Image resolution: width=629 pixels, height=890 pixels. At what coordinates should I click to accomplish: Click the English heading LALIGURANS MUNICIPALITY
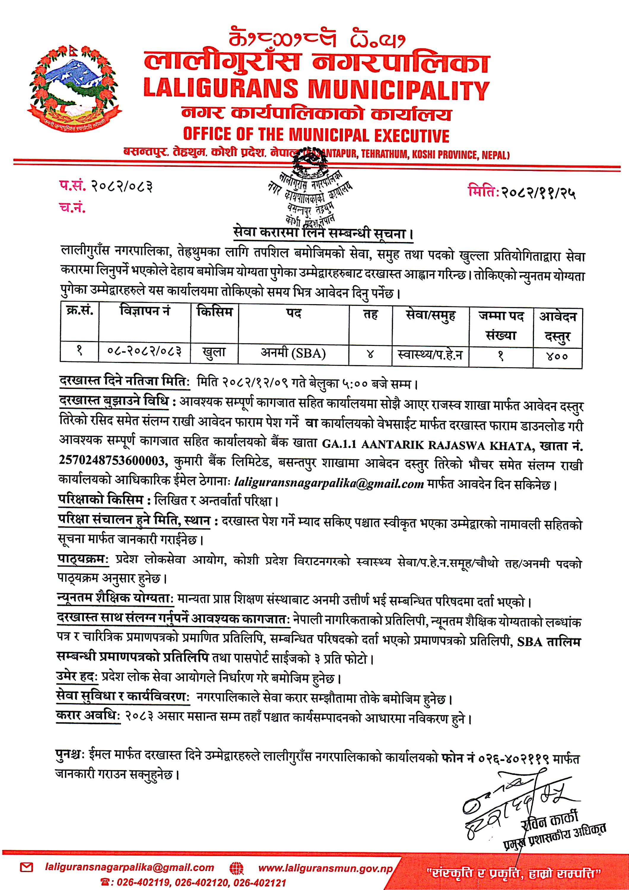pos(316,89)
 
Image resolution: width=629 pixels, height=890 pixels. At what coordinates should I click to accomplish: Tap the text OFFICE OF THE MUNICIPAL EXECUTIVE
pos(316,135)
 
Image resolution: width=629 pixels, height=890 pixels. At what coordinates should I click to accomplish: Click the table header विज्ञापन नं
pos(144,311)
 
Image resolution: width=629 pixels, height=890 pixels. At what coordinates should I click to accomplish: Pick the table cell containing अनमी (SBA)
pos(293,353)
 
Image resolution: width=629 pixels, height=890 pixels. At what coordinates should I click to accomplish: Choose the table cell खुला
pos(214,353)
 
